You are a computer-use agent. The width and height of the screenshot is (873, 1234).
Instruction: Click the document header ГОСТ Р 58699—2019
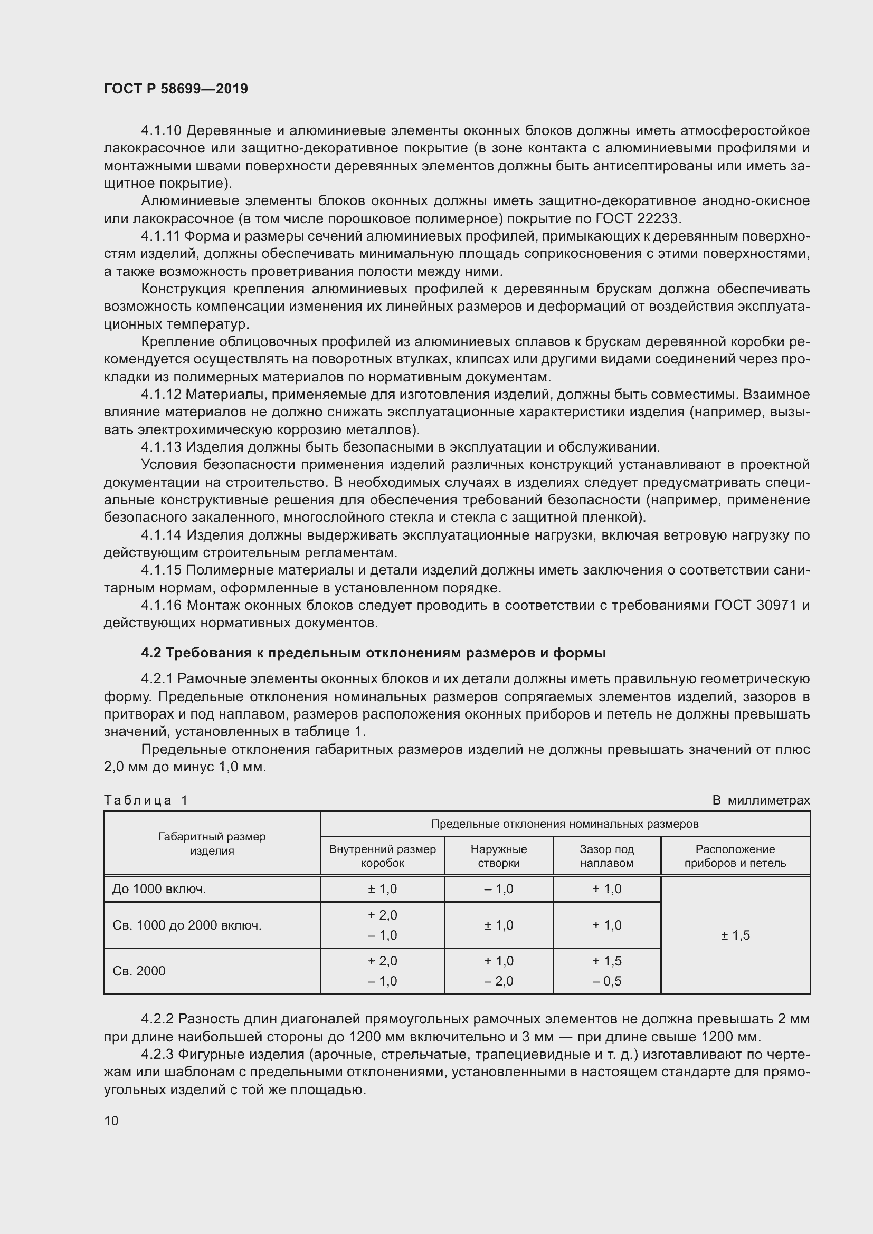[x=176, y=89]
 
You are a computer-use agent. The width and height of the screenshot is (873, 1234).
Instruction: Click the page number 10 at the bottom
[x=111, y=1121]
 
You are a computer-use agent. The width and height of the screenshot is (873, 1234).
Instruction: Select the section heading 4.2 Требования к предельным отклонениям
[x=373, y=653]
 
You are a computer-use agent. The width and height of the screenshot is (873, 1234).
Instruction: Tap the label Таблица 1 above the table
[x=146, y=800]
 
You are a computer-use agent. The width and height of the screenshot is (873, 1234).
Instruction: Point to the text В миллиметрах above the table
[x=761, y=800]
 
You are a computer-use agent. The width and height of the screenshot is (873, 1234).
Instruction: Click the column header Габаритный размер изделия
[x=212, y=843]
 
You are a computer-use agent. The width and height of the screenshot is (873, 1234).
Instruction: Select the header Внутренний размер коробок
[x=382, y=856]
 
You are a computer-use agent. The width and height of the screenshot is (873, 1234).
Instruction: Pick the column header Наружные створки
[x=498, y=856]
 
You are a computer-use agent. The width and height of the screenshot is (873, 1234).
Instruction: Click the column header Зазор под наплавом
[x=606, y=856]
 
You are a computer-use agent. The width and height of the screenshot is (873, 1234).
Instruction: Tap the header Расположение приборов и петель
[x=735, y=856]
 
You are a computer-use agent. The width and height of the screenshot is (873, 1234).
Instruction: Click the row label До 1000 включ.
[x=159, y=888]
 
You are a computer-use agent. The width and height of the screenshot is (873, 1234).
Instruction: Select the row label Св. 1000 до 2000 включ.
[x=187, y=925]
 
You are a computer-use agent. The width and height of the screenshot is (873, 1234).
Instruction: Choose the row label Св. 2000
[x=139, y=971]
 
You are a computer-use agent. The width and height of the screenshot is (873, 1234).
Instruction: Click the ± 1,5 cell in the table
[x=735, y=935]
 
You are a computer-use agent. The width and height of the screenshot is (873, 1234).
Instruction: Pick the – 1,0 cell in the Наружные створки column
[x=498, y=888]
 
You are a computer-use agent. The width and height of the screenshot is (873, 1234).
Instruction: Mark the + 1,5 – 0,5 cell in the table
[x=606, y=971]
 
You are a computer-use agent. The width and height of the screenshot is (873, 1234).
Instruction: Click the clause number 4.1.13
[x=162, y=447]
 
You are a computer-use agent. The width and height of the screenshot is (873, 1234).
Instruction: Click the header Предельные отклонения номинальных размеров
[x=564, y=824]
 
